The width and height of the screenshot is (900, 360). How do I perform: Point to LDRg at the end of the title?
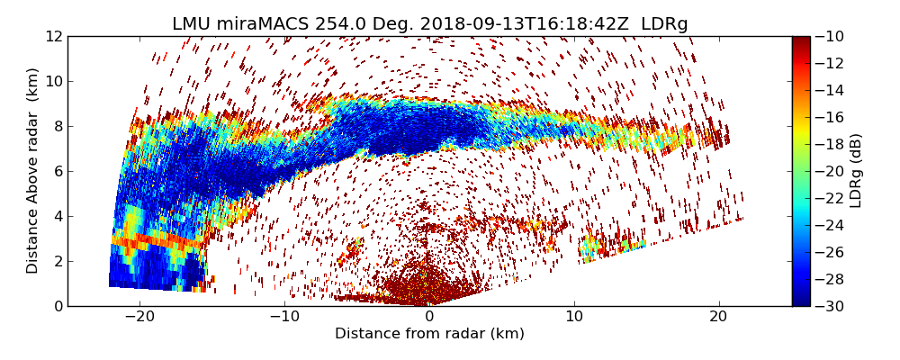tap(664, 24)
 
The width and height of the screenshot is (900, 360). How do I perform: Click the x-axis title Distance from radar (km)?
tap(429, 334)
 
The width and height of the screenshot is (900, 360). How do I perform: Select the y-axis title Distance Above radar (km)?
tap(33, 170)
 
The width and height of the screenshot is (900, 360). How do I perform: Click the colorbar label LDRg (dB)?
tap(856, 170)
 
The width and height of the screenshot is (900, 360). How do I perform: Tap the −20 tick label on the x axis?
tap(139, 317)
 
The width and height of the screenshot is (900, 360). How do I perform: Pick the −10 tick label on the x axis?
tap(284, 317)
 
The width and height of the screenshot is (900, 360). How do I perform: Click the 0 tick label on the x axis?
tap(429, 317)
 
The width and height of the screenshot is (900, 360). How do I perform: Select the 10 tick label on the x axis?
tap(574, 317)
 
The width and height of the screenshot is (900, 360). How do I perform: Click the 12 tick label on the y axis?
tap(53, 36)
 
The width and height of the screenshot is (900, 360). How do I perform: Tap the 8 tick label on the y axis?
tap(57, 126)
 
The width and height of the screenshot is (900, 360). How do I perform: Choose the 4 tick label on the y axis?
tap(57, 216)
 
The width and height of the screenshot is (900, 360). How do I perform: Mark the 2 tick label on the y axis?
tap(57, 261)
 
